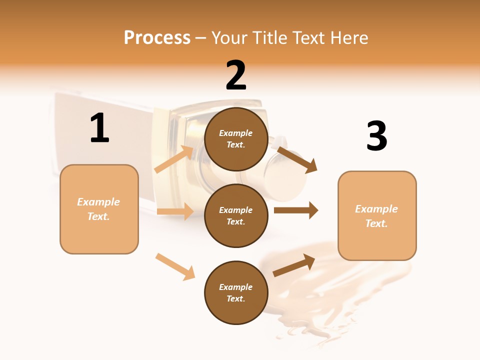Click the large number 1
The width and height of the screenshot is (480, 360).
point(99,128)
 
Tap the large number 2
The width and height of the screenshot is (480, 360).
point(236,75)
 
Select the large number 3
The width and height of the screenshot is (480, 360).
point(377,136)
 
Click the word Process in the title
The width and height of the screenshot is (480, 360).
point(157,37)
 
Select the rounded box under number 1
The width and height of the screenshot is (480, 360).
point(99,209)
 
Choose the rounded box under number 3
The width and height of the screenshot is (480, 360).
point(377,215)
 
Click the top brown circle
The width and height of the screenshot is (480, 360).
point(236,139)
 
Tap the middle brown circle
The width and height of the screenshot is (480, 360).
point(236,215)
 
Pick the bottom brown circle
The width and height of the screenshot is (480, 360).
point(236,292)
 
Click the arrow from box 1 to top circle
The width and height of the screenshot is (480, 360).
point(174,159)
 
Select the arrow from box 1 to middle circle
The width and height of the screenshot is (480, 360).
point(175,211)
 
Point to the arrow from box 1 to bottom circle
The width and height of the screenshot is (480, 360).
point(175,266)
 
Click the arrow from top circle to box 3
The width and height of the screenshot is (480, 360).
point(297,159)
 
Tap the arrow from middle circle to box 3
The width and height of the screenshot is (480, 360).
point(296,210)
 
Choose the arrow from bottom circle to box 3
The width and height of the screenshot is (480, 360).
point(294,265)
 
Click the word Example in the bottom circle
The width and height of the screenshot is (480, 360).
point(236,287)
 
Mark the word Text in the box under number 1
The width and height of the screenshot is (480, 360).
point(98,216)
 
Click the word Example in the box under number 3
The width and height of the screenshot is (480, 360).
point(376,209)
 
